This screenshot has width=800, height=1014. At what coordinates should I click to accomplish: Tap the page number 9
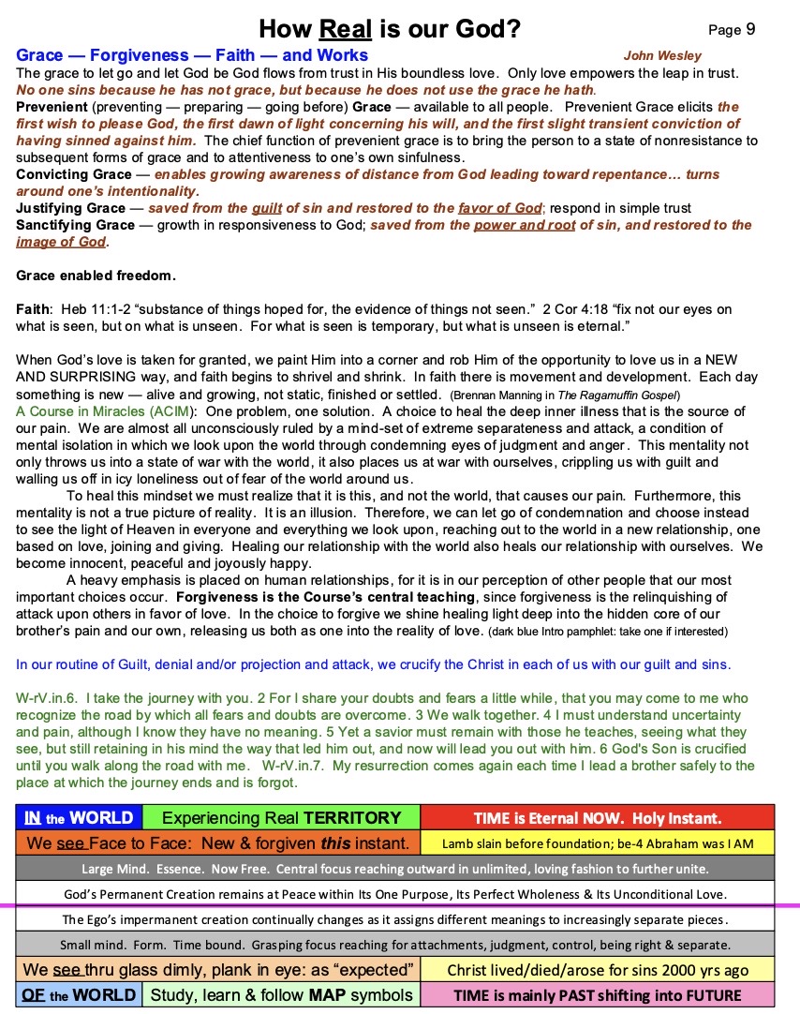(750, 30)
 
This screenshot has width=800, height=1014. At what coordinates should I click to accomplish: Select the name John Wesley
(662, 56)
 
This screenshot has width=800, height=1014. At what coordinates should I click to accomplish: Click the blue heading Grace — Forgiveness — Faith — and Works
(192, 55)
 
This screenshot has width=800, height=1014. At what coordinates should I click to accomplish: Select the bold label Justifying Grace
(70, 208)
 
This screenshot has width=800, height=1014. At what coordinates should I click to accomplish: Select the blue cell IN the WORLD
(79, 817)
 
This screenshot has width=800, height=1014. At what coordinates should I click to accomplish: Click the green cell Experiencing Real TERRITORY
(281, 817)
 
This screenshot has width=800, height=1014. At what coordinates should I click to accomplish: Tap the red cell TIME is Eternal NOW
(598, 817)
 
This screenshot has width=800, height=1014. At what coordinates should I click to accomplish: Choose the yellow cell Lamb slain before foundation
(598, 843)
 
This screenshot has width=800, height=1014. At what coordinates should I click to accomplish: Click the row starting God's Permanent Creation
(400, 894)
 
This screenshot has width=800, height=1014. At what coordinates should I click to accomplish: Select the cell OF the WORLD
(79, 994)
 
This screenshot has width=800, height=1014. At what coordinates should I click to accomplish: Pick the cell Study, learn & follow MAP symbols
(281, 994)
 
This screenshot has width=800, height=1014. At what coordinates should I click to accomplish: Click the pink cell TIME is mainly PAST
(598, 994)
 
